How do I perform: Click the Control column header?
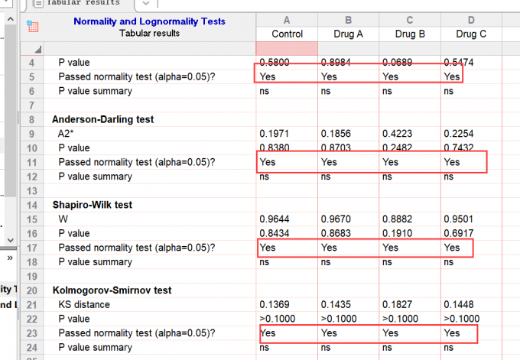[287, 34]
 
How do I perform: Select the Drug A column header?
[349, 34]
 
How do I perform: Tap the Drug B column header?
[410, 34]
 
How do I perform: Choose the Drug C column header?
[471, 34]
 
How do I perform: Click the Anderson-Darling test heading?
[102, 119]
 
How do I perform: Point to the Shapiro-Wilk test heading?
[92, 205]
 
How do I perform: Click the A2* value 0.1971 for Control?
[275, 134]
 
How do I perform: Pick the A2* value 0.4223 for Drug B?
[398, 134]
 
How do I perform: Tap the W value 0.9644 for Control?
[275, 219]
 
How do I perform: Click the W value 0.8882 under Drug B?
[398, 219]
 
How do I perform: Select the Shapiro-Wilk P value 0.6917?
[459, 233]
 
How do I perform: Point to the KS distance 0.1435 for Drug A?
[336, 305]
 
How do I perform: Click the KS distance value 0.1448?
[459, 305]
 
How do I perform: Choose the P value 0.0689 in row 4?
[398, 63]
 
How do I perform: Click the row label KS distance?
[84, 305]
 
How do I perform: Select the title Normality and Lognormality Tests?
[149, 21]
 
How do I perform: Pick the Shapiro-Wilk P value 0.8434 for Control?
[275, 233]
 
